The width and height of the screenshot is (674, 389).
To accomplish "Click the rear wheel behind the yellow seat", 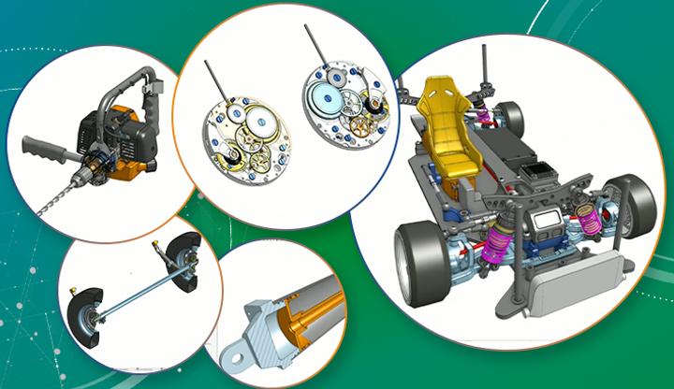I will point(511,116).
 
